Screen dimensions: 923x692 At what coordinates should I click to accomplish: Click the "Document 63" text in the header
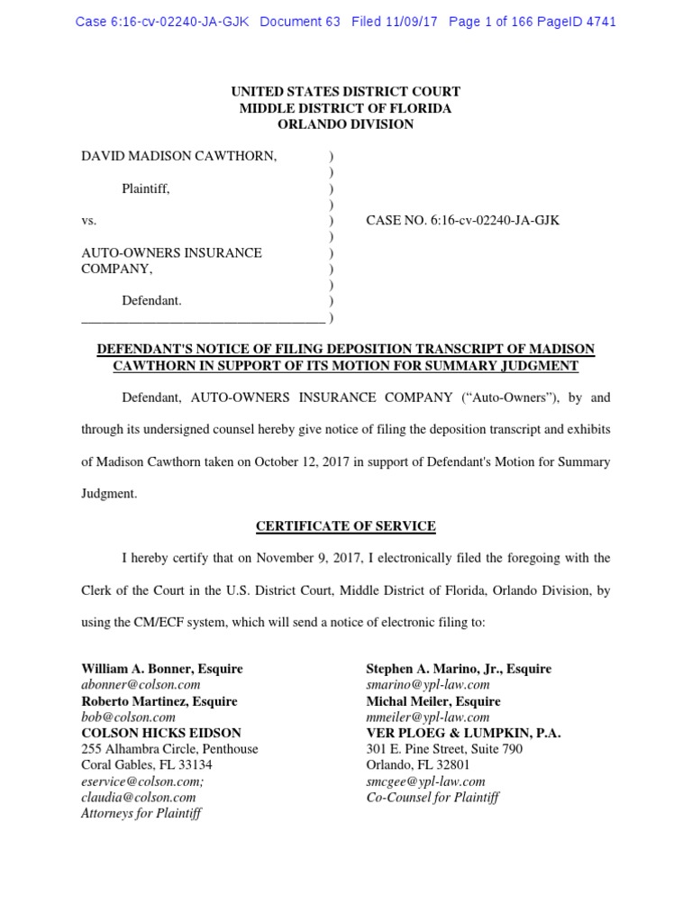pos(299,22)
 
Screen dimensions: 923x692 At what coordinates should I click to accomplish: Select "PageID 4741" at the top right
pos(577,22)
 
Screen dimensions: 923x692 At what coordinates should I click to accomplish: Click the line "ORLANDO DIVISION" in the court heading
pos(345,124)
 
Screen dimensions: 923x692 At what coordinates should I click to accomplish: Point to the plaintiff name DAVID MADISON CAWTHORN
pos(179,156)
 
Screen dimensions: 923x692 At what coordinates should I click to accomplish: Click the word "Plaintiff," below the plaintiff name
pos(146,188)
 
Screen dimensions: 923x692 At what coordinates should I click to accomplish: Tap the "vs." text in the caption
pos(89,220)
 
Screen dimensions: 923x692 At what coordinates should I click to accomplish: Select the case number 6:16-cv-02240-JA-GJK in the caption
pos(492,220)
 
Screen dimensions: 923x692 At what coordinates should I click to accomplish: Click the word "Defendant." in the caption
pos(152,301)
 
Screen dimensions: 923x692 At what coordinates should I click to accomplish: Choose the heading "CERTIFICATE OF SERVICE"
pos(346,525)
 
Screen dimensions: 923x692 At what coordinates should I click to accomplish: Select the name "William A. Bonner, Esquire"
pos(162,669)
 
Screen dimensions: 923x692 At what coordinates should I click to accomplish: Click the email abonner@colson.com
pos(141,685)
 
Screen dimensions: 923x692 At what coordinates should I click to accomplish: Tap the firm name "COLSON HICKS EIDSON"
pos(161,733)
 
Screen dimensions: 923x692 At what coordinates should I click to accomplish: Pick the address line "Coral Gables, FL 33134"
pos(147,764)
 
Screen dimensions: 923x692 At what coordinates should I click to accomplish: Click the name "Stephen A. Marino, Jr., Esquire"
pos(459,669)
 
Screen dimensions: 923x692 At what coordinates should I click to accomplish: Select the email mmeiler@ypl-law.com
pos(428,717)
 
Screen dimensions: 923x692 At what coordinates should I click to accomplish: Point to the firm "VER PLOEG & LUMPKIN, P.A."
pos(463,733)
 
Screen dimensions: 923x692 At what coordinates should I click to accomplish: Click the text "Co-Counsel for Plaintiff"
pos(432,797)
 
